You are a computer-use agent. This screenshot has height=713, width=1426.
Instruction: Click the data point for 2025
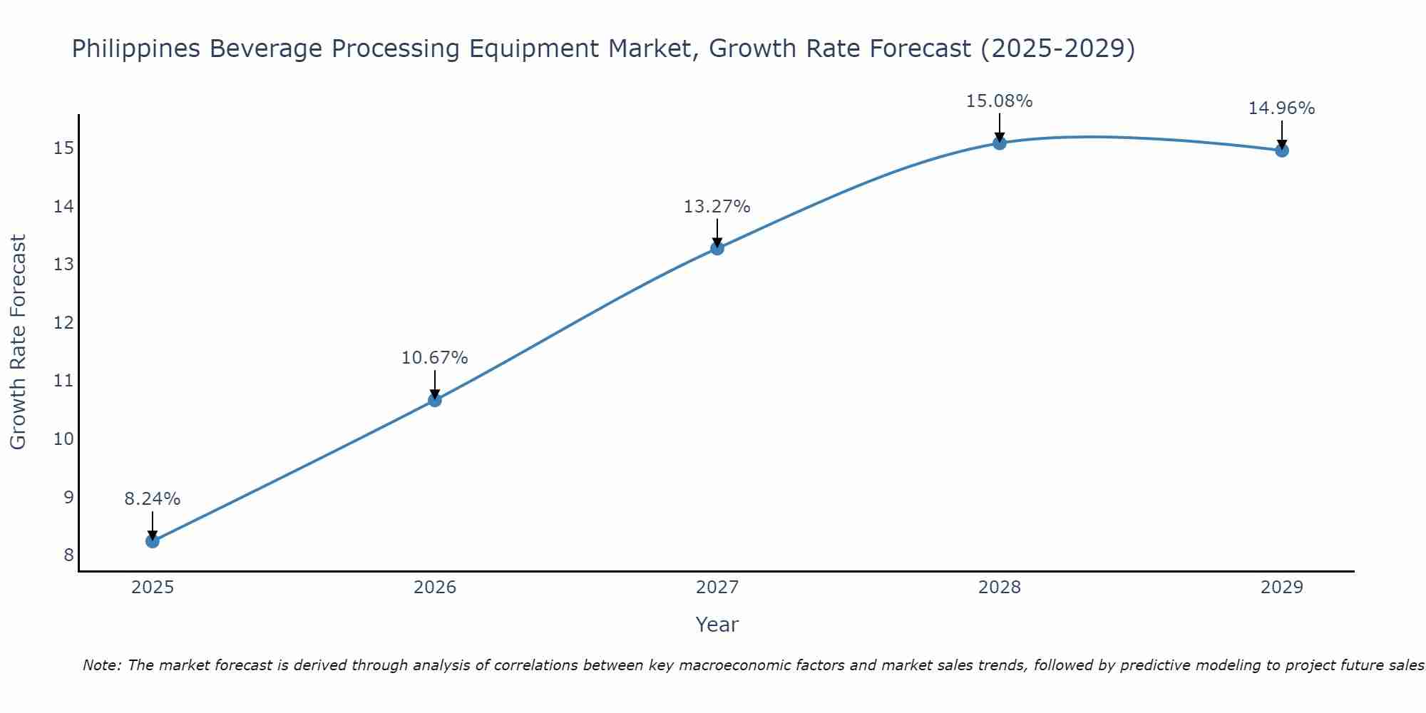coord(153,541)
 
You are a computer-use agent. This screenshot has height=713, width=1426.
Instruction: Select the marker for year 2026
coord(435,400)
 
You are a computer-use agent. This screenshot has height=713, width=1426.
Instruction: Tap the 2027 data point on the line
coord(717,248)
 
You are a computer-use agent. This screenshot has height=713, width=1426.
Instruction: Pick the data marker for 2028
coord(1000,143)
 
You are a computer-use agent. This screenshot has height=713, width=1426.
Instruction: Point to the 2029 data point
coord(1282,150)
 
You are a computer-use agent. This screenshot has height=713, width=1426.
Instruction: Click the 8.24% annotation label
coord(153,499)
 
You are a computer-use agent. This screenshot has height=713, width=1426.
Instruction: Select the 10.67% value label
coord(435,358)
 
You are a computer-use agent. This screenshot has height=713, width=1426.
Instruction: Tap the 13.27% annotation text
coord(717,207)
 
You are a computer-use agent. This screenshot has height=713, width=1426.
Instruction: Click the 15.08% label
coord(1000,101)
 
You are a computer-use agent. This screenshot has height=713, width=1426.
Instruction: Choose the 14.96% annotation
coord(1282,108)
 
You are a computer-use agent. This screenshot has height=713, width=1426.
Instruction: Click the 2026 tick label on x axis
coord(435,588)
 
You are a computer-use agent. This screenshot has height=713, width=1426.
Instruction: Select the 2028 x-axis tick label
coord(1000,588)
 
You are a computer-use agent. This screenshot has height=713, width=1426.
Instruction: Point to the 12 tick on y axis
coord(64,322)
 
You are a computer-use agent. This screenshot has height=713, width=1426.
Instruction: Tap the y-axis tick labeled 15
coord(64,148)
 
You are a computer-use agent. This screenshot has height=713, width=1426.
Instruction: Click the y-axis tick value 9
coord(68,497)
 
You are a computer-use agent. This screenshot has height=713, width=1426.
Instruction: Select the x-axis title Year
coord(717,625)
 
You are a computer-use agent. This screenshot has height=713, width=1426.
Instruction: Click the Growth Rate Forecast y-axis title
coord(18,342)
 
